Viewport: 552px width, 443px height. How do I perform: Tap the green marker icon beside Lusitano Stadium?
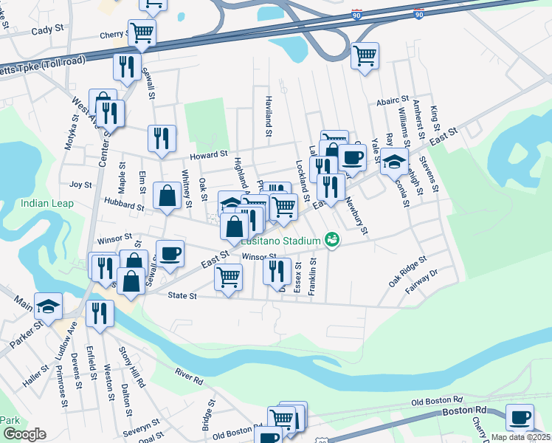(x=332, y=239)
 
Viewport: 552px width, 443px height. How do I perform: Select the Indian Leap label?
(x=46, y=204)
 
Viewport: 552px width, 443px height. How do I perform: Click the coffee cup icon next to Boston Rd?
(x=520, y=416)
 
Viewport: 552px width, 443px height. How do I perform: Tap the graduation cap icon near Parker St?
(x=48, y=305)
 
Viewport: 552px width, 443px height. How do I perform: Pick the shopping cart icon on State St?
(x=228, y=277)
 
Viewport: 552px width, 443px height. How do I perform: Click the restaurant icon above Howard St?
(x=162, y=137)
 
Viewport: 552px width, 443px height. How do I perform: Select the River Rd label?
(x=188, y=377)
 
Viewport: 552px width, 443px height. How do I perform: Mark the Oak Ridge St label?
(x=407, y=272)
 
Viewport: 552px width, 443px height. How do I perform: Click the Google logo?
(x=24, y=434)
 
